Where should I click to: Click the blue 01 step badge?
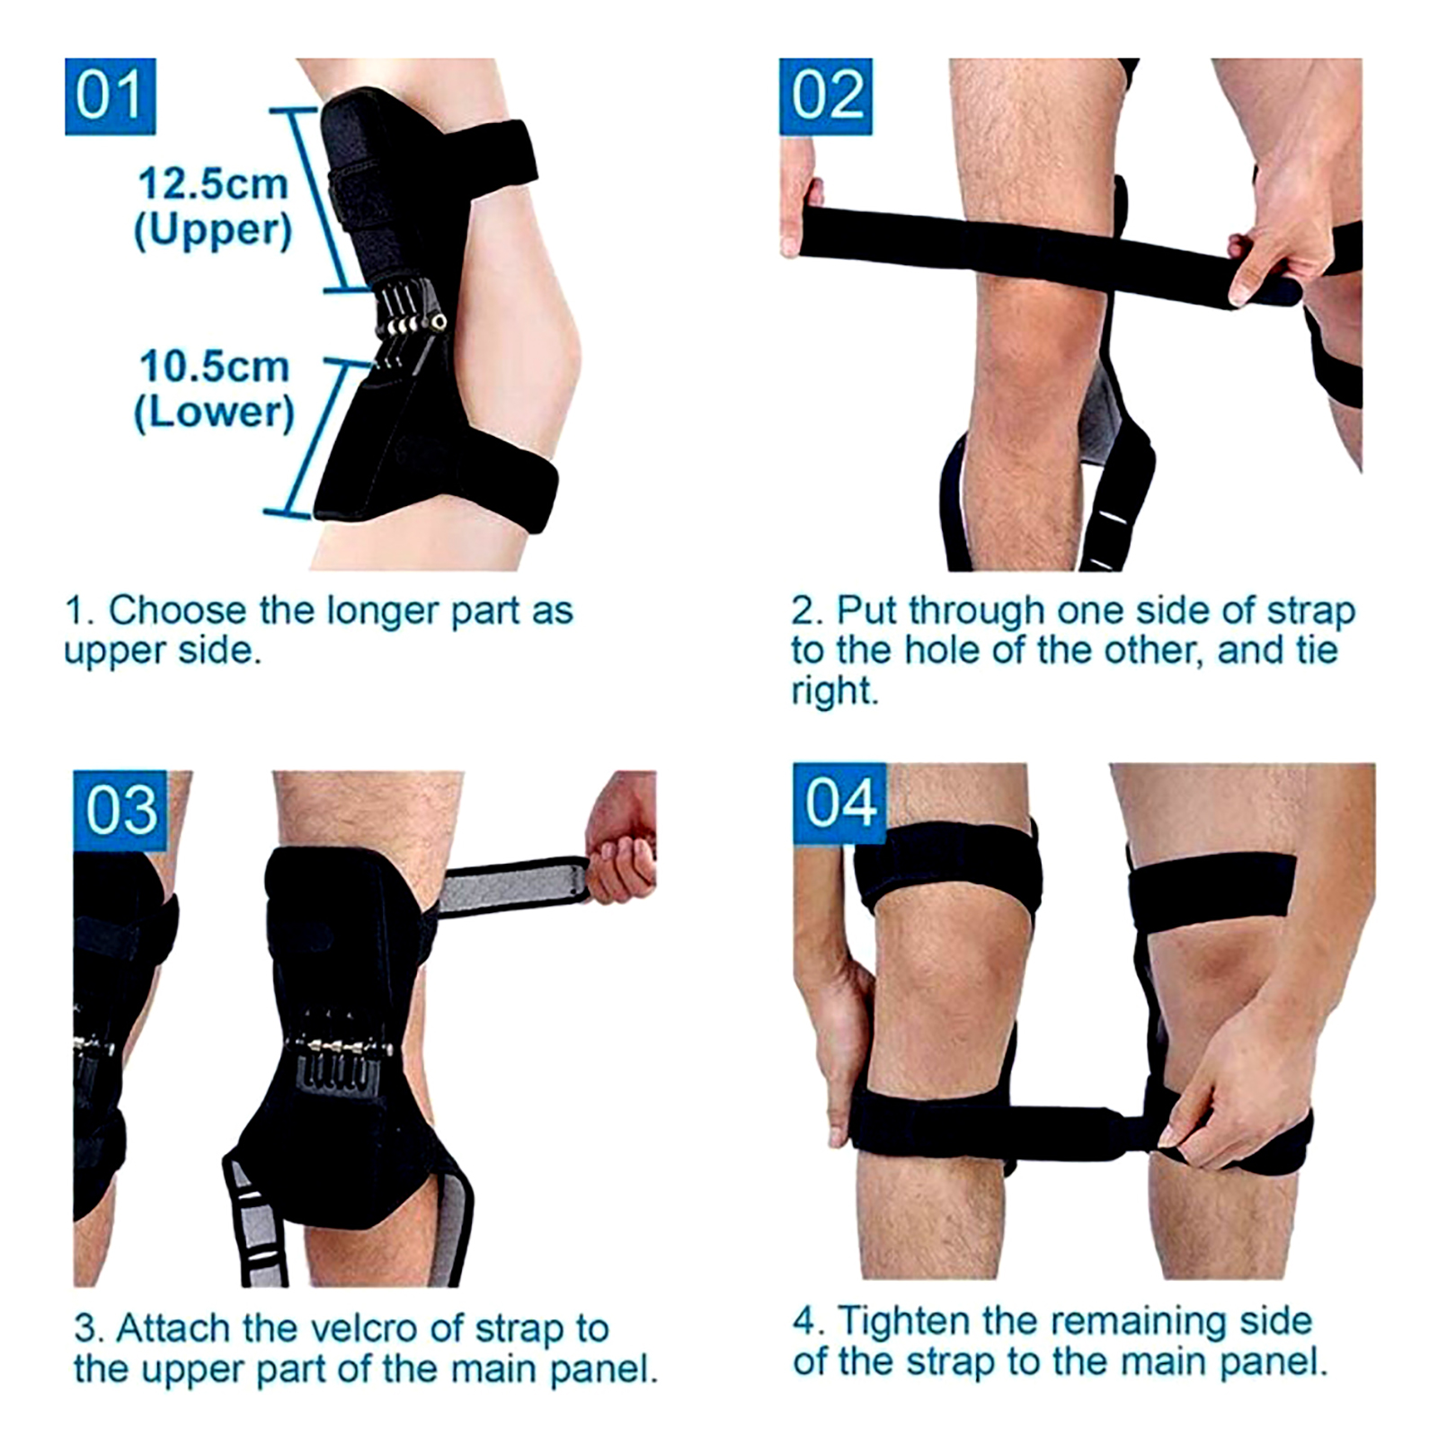pyautogui.click(x=110, y=96)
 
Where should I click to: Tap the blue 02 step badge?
pyautogui.click(x=825, y=96)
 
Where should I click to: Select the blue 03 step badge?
pyautogui.click(x=120, y=810)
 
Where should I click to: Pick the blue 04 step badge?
pyautogui.click(x=839, y=803)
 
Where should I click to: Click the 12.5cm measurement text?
pyautogui.click(x=213, y=184)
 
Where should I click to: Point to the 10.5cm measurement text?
pyautogui.click(x=214, y=367)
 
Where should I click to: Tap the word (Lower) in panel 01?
pyautogui.click(x=214, y=413)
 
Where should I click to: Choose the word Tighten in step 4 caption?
pyautogui.click(x=904, y=1321)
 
